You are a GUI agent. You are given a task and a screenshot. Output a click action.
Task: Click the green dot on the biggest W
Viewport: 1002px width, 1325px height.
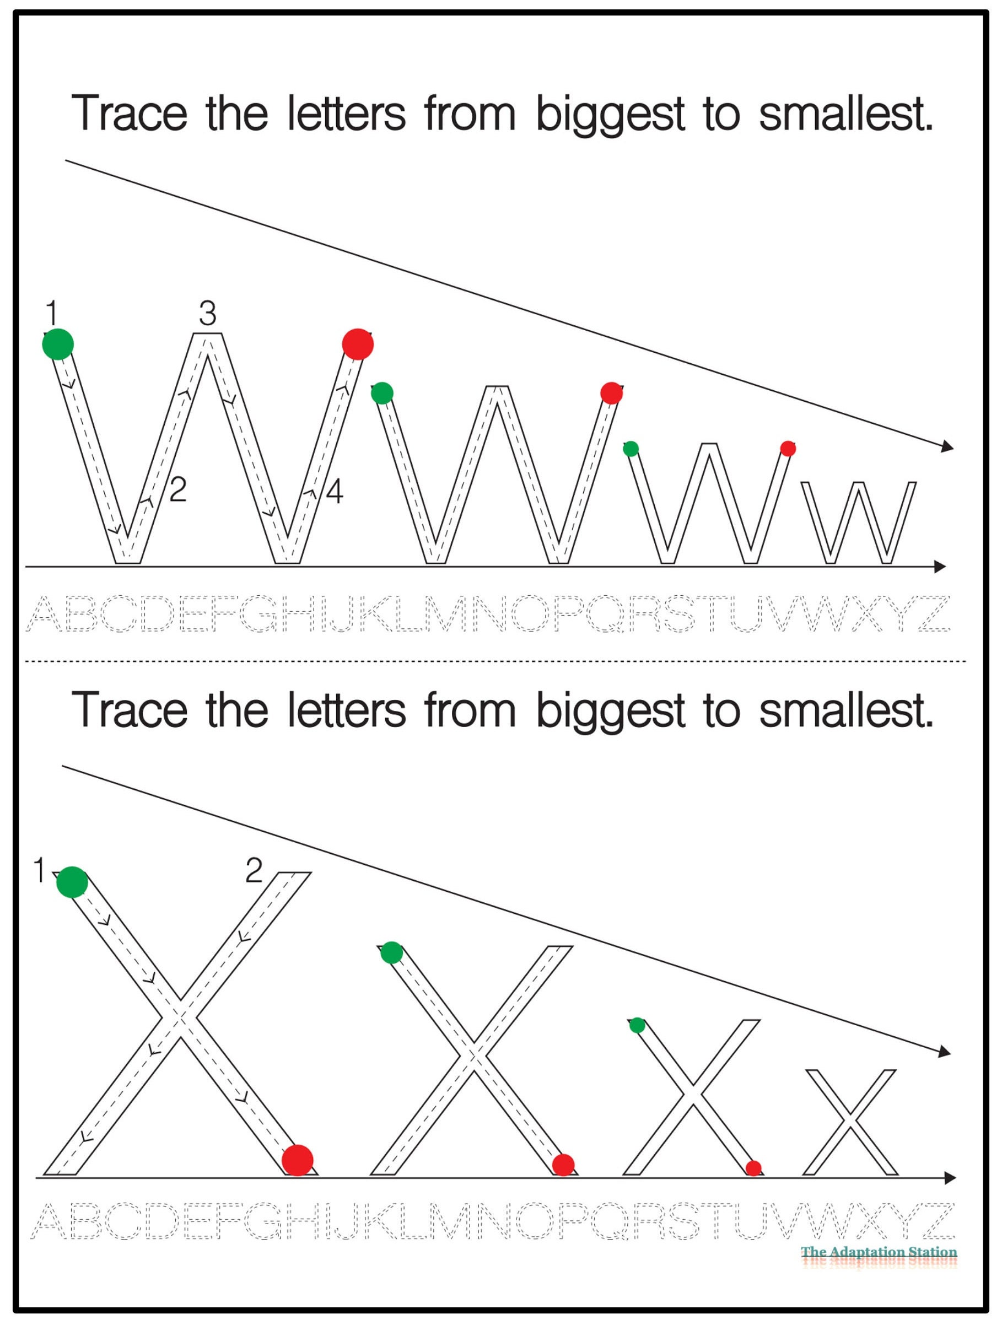pyautogui.click(x=58, y=344)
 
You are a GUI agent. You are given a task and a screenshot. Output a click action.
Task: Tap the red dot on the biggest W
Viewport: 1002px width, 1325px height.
pyautogui.click(x=358, y=344)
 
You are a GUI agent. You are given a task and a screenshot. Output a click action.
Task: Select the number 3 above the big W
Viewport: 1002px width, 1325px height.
pyautogui.click(x=207, y=313)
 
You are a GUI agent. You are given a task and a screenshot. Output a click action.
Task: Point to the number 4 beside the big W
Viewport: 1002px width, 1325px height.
pyautogui.click(x=334, y=492)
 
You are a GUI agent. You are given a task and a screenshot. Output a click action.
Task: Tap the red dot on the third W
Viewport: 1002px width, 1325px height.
pyautogui.click(x=788, y=448)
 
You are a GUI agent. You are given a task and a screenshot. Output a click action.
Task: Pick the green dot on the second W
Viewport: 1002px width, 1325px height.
pyautogui.click(x=382, y=393)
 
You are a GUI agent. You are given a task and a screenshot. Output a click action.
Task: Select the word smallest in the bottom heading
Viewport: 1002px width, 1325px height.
pyautogui.click(x=845, y=710)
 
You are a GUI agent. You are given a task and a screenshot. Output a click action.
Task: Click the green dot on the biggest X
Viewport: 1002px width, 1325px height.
pyautogui.click(x=72, y=882)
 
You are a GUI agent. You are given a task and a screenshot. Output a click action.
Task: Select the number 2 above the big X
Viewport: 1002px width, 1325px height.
pyautogui.click(x=254, y=870)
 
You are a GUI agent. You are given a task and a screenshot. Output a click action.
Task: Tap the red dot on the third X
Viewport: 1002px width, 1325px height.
pyautogui.click(x=753, y=1167)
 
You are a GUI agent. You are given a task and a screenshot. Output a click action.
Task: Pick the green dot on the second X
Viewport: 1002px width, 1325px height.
pyautogui.click(x=392, y=952)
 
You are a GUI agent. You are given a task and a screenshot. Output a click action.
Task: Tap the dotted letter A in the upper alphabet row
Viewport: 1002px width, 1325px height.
pyautogui.click(x=46, y=613)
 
